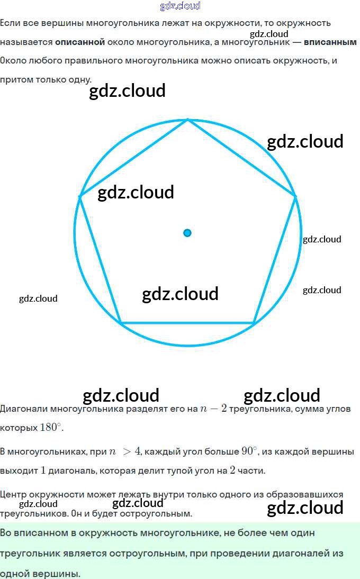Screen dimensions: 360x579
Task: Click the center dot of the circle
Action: pyautogui.click(x=187, y=233)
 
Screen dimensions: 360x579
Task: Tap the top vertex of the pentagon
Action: pyautogui.click(x=188, y=120)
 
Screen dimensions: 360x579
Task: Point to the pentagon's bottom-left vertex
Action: pyautogui.click(x=121, y=322)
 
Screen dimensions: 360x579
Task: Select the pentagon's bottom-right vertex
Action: pyautogui.click(x=254, y=322)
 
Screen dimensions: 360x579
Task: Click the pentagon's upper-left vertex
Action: pyautogui.click(x=80, y=197)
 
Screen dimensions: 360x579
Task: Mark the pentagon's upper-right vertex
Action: pyautogui.click(x=295, y=197)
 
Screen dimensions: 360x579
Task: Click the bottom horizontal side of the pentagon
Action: pyautogui.click(x=187, y=322)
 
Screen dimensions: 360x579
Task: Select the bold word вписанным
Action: pyautogui.click(x=330, y=42)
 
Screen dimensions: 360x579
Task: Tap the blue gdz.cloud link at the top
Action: pyautogui.click(x=180, y=6)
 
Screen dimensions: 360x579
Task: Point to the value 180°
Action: pyautogui.click(x=51, y=428)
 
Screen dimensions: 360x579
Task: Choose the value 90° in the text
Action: pyautogui.click(x=249, y=451)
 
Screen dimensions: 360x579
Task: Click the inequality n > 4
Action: pyautogui.click(x=125, y=451)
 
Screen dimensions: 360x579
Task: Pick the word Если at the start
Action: pyautogui.click(x=10, y=23)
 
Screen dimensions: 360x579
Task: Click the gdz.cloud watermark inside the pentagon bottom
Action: pyautogui.click(x=180, y=294)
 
